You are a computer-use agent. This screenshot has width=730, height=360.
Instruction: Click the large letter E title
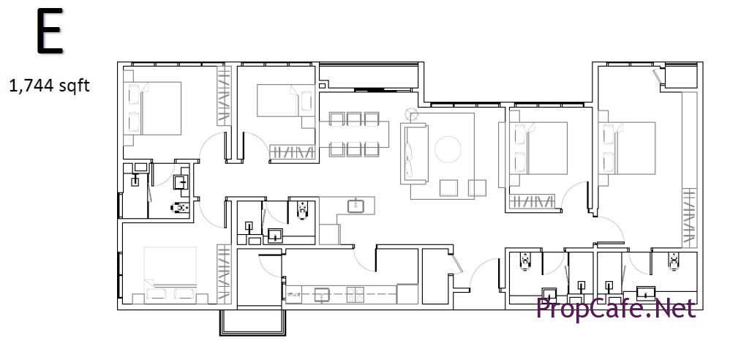pyautogui.click(x=49, y=31)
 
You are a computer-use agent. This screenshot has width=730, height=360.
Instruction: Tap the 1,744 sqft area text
pyautogui.click(x=49, y=86)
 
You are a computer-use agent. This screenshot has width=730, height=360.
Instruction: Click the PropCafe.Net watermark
pyautogui.click(x=616, y=308)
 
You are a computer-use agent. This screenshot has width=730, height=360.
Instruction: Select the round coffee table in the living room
pyautogui.click(x=448, y=149)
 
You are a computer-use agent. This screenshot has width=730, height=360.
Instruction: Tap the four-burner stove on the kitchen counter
pyautogui.click(x=355, y=294)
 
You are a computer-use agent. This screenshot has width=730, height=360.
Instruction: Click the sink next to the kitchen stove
pyautogui.click(x=322, y=294)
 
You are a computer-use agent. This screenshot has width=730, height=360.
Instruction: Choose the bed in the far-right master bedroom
pyautogui.click(x=629, y=148)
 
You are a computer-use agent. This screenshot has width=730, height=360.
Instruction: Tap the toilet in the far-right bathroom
pyautogui.click(x=674, y=262)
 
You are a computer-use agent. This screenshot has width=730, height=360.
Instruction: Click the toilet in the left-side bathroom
pyautogui.click(x=181, y=208)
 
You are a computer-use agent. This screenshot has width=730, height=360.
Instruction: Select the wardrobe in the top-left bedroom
pyautogui.click(x=224, y=96)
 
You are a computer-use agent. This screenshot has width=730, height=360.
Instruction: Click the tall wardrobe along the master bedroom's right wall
pyautogui.click(x=690, y=217)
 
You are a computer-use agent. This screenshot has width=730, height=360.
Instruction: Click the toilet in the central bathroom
pyautogui.click(x=303, y=210)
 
